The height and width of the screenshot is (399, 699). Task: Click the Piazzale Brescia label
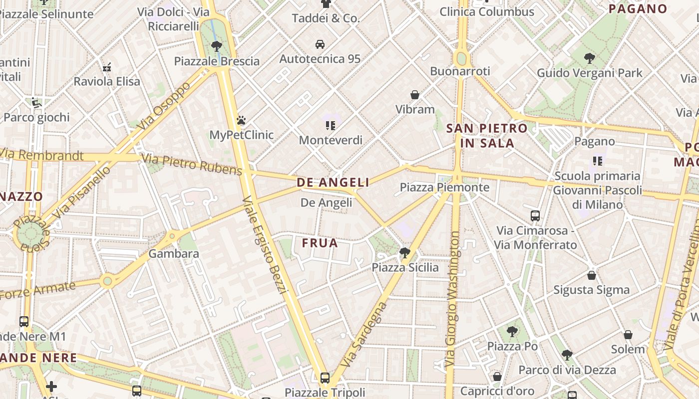pos(217,61)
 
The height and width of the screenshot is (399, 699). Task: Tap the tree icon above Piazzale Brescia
pos(216,46)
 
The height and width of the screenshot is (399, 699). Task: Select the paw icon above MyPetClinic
pos(241,120)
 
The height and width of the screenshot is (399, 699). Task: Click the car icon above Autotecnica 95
pos(320,44)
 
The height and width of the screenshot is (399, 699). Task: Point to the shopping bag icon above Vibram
pos(414,94)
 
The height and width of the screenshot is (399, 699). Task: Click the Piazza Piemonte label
pos(444,188)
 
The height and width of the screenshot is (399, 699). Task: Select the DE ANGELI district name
pos(333,183)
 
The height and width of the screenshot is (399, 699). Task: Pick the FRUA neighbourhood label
pos(320,243)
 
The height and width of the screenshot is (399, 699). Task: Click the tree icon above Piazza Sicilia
pos(405,253)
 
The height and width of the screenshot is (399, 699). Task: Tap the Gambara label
pos(174,253)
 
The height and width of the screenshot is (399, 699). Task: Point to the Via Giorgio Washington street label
pos(453,299)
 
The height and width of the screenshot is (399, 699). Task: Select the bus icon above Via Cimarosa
pos(535,216)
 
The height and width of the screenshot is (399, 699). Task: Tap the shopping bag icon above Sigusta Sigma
pos(591,275)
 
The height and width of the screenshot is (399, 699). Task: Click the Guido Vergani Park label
pos(590,73)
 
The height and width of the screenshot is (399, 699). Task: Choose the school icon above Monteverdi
pos(330,125)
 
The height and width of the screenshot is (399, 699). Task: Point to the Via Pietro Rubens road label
pos(192,165)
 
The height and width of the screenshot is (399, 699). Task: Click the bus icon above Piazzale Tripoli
pos(325,378)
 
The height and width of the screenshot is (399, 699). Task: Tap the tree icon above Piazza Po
pos(512,331)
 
